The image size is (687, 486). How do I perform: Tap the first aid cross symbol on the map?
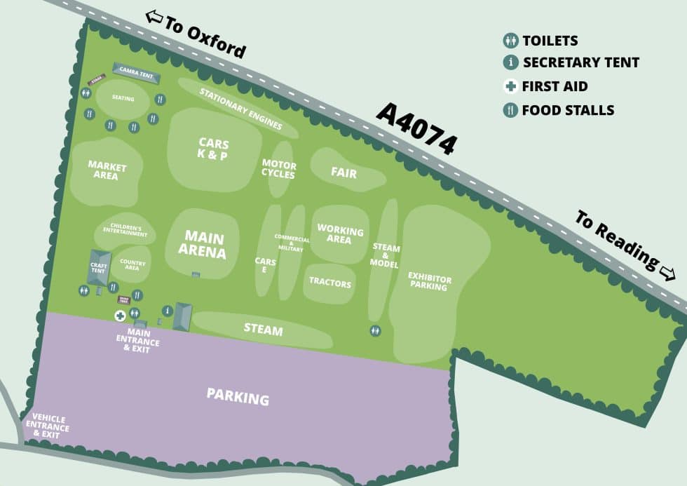pos(120,316)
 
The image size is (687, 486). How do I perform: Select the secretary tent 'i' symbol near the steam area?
pos(168,311)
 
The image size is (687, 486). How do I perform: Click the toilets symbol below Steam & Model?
pos(376,330)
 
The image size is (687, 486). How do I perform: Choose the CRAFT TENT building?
pos(99,267)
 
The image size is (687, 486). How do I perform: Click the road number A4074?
pos(416,128)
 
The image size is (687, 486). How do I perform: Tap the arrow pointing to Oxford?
pos(154,15)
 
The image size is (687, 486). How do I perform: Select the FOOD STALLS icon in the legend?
pos(510,110)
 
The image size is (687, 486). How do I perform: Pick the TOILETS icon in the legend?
pos(510,41)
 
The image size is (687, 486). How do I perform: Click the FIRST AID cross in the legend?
pos(510,87)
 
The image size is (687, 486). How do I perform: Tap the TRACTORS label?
pos(329,283)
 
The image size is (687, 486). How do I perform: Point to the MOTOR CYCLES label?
pos(279,170)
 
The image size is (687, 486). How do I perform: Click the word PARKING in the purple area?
pos(238,397)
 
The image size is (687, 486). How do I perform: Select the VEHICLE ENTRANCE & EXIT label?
pos(48,426)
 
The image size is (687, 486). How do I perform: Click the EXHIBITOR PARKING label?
pos(429,283)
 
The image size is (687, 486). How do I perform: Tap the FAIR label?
pos(343,173)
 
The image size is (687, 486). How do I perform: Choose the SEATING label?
pos(123,99)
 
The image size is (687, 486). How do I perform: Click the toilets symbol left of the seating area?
pos(86,93)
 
